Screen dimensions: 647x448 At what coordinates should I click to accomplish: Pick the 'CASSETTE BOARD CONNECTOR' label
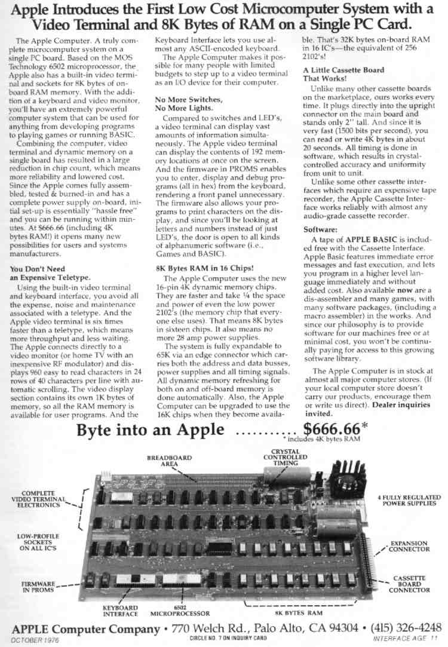(x=409, y=584)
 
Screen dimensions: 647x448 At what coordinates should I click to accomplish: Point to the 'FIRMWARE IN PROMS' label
(x=38, y=586)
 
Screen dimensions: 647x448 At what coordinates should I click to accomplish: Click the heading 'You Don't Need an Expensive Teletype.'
(x=50, y=272)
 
